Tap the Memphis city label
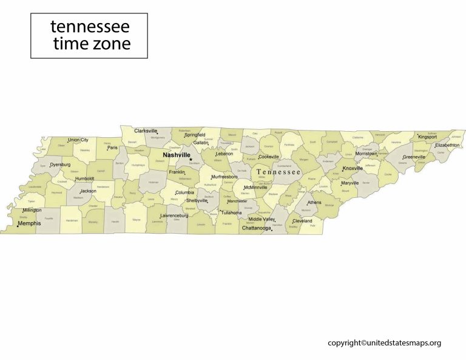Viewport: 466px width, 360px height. tap(29, 223)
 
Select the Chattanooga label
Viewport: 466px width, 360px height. tap(256, 228)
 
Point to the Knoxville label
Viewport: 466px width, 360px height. tap(353, 168)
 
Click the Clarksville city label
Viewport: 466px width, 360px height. tap(146, 131)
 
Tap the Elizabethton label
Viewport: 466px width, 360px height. tap(447, 145)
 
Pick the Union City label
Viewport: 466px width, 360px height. tap(78, 140)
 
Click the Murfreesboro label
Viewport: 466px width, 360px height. tap(224, 177)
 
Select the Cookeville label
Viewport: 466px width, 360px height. tap(269, 157)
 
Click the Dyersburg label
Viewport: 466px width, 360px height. tap(60, 165)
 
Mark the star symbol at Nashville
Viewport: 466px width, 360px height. tap(191, 160)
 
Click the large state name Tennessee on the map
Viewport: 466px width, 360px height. tap(279, 172)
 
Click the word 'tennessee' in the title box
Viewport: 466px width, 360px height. tap(90, 27)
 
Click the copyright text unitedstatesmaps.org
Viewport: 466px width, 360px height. tap(385, 343)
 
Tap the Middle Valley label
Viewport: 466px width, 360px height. tap(262, 219)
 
